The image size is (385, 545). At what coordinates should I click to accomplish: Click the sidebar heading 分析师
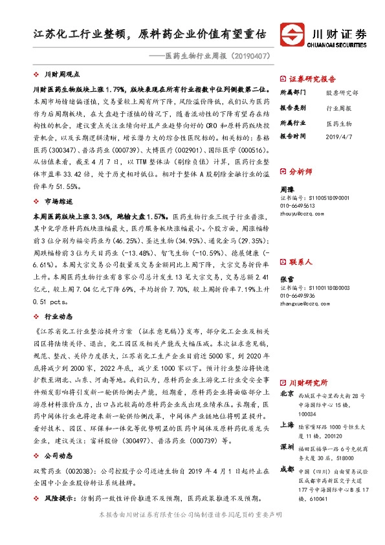302,172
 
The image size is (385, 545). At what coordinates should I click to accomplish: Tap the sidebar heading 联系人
302,244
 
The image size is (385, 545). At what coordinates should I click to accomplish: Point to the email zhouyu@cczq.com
302,212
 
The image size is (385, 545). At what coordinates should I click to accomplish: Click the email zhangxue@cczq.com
305,284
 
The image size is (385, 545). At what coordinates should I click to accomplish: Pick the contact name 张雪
287,262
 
